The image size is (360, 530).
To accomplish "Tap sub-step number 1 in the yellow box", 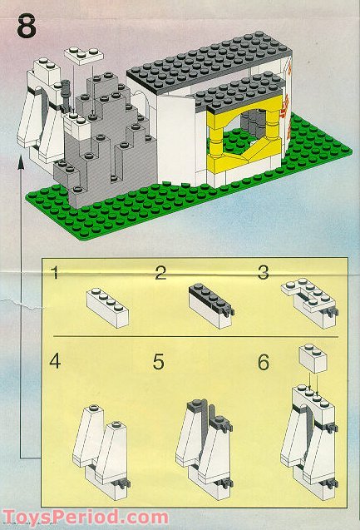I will tap(56, 274).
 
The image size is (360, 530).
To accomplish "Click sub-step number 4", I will tap(56, 363).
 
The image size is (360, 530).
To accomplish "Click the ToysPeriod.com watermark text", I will tap(73, 516).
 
